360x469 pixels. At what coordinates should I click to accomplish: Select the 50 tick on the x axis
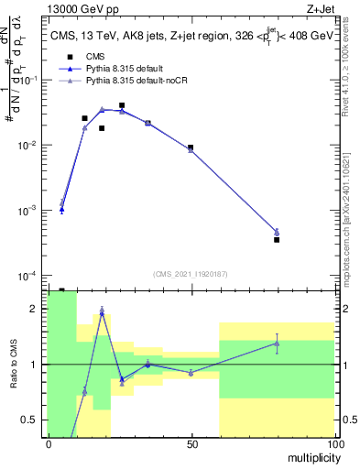click(x=191, y=444)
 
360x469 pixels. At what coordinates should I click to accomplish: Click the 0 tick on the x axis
click(x=49, y=444)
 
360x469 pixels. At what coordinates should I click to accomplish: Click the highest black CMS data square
click(x=122, y=105)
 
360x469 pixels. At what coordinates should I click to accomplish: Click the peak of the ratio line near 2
click(x=102, y=312)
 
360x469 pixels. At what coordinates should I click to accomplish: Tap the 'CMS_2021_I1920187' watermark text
click(x=191, y=273)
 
